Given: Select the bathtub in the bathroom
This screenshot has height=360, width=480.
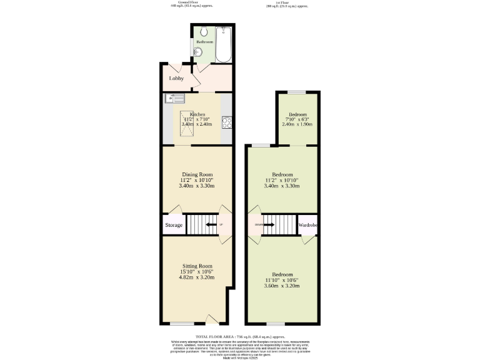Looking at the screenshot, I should point(223,44).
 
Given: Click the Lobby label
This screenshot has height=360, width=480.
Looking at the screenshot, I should point(177,78).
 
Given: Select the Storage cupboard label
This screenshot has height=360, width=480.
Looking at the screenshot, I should point(174,225).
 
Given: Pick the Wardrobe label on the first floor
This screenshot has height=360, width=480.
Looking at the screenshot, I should point(309,225).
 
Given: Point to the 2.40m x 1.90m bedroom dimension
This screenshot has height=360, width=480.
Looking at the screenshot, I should point(297,124).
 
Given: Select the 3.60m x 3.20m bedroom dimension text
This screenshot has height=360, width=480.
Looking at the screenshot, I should point(282,286).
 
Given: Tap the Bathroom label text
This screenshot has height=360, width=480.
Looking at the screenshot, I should point(204,42).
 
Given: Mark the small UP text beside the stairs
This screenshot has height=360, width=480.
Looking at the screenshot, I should point(221,224).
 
